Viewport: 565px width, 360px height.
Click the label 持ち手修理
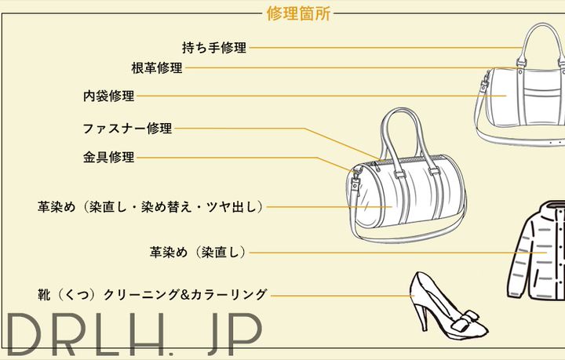pyautogui.click(x=214, y=48)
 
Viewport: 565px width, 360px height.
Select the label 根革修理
pyautogui.click(x=157, y=68)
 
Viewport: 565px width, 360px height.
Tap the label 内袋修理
pyautogui.click(x=109, y=96)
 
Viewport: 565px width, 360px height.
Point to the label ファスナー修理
pyautogui.click(x=127, y=129)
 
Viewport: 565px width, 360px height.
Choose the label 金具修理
pyautogui.click(x=109, y=157)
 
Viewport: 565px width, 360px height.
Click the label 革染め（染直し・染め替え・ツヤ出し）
pyautogui.click(x=150, y=207)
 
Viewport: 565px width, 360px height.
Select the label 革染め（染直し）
pyautogui.click(x=199, y=253)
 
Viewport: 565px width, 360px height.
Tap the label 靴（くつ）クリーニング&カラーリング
pyautogui.click(x=152, y=295)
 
